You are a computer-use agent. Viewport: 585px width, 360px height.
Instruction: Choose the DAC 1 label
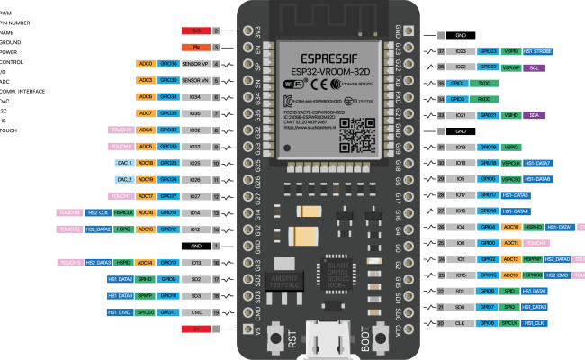124,163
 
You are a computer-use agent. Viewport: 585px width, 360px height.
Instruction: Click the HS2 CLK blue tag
97,212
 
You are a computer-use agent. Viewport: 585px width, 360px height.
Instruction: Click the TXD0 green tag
487,83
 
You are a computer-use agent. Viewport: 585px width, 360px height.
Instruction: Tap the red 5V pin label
196,328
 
